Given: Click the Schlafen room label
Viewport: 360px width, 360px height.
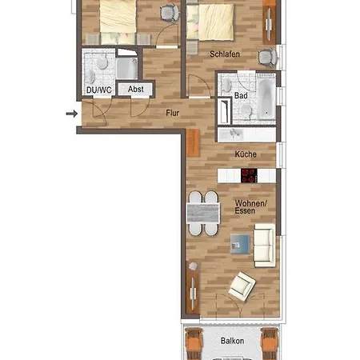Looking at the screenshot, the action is pyautogui.click(x=225, y=54).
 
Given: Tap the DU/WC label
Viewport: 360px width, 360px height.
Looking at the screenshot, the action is pyautogui.click(x=99, y=90).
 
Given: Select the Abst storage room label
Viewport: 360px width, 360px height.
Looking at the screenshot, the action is pyautogui.click(x=135, y=89).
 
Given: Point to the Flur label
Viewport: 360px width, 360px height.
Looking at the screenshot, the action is pyautogui.click(x=172, y=113).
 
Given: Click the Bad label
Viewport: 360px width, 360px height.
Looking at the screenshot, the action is pyautogui.click(x=241, y=95).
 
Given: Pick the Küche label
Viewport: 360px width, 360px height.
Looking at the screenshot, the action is pyautogui.click(x=246, y=154).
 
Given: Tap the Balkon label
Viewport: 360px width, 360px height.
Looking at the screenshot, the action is pyautogui.click(x=232, y=341).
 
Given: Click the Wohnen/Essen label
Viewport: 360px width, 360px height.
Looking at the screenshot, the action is pyautogui.click(x=250, y=207).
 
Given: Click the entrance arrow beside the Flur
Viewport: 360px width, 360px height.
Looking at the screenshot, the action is pyautogui.click(x=72, y=114).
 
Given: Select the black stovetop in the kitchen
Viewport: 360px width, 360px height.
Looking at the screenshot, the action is pyautogui.click(x=249, y=175).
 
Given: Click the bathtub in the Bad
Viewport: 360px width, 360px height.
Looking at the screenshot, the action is pyautogui.click(x=266, y=99).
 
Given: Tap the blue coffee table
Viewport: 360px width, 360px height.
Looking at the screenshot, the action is pyautogui.click(x=240, y=244).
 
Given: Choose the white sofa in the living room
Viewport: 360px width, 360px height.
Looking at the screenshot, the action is pyautogui.click(x=265, y=245).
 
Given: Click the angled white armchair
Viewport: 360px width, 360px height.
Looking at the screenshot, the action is pyautogui.click(x=242, y=286).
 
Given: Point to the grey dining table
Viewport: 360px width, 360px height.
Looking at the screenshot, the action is pyautogui.click(x=203, y=213).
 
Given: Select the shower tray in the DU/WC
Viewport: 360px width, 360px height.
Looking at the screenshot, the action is pyautogui.click(x=127, y=69).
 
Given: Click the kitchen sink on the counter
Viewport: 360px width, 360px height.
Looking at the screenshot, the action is pyautogui.click(x=234, y=134).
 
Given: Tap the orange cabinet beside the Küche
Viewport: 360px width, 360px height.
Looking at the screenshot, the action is pyautogui.click(x=193, y=143).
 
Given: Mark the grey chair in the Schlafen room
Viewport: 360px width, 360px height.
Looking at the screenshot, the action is pyautogui.click(x=267, y=58).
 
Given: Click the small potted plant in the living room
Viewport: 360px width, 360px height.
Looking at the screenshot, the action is pyautogui.click(x=193, y=266).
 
